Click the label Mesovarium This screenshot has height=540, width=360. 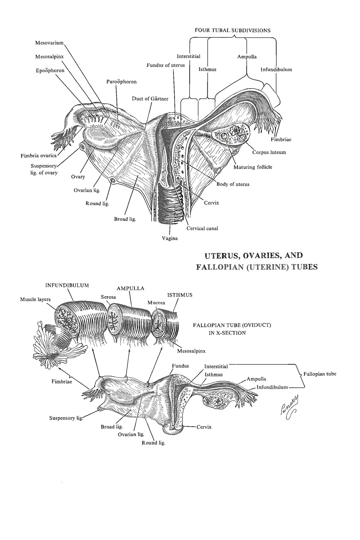coord(49,43)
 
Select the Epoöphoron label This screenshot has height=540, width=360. coord(50,71)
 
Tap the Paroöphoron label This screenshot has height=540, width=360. coord(121,82)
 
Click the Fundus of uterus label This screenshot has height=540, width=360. coord(165,65)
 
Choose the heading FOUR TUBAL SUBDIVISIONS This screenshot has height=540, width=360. coord(232,30)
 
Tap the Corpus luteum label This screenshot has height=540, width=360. coord(269,152)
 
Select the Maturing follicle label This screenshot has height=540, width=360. coord(253,167)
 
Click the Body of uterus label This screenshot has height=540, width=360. coord(233,184)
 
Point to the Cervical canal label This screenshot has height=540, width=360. coord(202,228)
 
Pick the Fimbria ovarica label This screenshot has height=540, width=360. coord(39,156)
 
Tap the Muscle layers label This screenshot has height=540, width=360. coord(35,299)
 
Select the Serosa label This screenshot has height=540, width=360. coord(108,297)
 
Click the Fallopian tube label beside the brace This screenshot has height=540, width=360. coord(320,374)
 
